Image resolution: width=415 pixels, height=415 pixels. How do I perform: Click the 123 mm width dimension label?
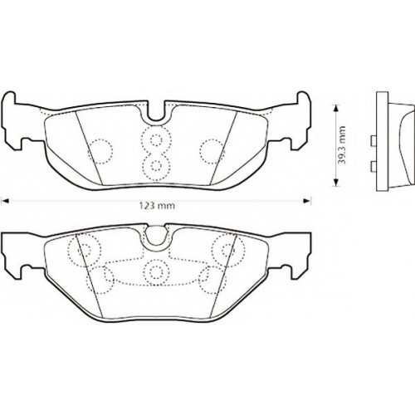[157, 206]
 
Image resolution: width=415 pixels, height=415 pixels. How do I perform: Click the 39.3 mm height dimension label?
[343, 145]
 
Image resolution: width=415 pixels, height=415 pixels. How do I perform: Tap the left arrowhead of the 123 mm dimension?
[6, 201]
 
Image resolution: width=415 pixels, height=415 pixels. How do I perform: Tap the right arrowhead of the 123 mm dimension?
[307, 201]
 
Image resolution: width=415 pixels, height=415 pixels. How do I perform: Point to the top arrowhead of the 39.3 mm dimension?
[335, 108]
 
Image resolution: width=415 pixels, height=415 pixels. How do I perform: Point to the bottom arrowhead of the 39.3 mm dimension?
[335, 183]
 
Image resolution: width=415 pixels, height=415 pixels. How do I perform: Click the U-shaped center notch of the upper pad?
[156, 111]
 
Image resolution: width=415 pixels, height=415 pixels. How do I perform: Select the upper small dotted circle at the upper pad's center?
[156, 139]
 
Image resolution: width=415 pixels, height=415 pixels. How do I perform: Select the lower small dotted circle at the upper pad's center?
[156, 165]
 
